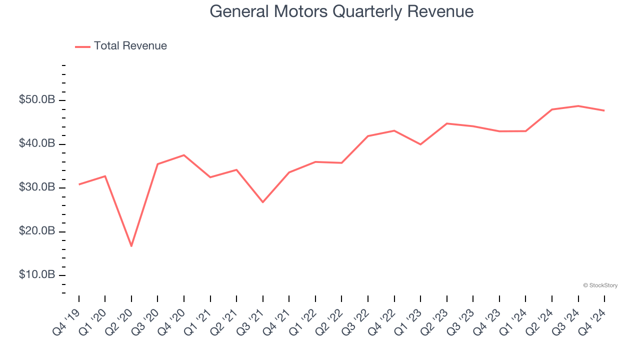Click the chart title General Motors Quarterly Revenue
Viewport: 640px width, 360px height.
coord(341,11)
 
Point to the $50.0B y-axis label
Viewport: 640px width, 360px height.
coord(37,100)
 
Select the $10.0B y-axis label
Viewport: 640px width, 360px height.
coord(37,275)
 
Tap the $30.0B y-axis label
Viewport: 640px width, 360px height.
coord(37,187)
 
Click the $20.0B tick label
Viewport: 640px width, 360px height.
coord(37,231)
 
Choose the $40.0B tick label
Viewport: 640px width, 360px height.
coord(37,144)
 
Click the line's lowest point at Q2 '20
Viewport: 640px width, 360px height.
coord(131,246)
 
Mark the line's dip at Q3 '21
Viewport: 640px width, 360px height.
coord(263,202)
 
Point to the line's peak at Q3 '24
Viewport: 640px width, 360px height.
coord(578,106)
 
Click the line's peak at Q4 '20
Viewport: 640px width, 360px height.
coord(184,155)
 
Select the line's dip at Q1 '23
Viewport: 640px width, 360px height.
coord(420,144)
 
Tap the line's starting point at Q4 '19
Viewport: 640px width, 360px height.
coord(79,184)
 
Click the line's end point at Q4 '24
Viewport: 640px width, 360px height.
coord(604,110)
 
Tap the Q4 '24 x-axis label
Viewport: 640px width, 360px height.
coord(593,320)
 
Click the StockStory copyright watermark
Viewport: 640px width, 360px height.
coord(600,285)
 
